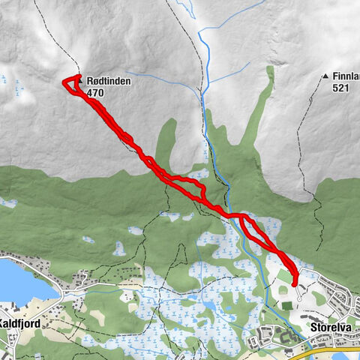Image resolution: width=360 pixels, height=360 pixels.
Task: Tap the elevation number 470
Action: [95, 93]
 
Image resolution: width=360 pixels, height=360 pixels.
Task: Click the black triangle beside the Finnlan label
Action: [325, 76]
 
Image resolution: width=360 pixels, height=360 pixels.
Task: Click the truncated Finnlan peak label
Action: [345, 76]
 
